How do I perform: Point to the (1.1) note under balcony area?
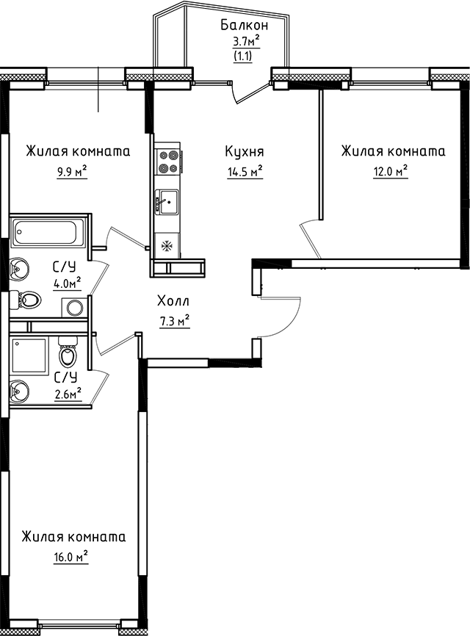(x=242, y=55)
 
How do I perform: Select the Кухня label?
(x=245, y=152)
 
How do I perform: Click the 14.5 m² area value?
(x=245, y=173)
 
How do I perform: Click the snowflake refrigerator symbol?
(x=167, y=245)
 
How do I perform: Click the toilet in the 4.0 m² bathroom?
(x=28, y=300)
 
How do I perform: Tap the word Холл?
(x=173, y=300)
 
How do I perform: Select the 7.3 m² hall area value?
(x=173, y=320)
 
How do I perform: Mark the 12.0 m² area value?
(x=391, y=172)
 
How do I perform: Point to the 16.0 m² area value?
(x=70, y=557)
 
